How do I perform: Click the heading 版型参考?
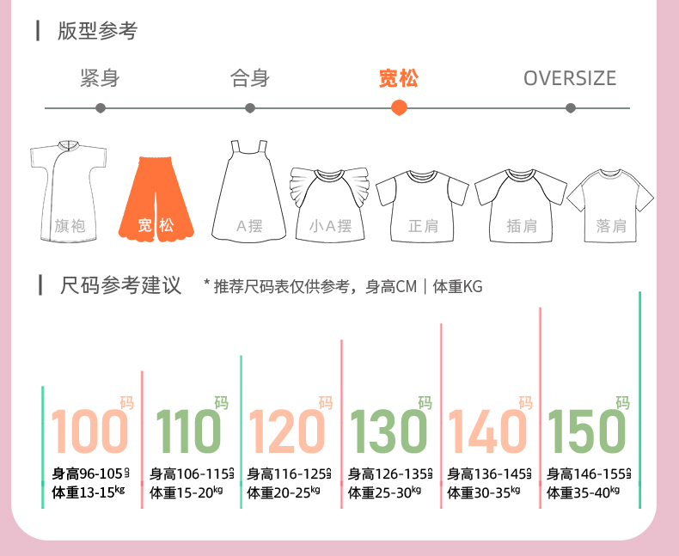coord(97,31)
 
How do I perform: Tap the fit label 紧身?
coord(100,79)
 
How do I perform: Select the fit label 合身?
coord(250,79)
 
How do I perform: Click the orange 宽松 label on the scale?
coord(399,79)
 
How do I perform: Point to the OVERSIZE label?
coord(570,79)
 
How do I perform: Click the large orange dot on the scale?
coord(399,107)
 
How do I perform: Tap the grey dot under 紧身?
coord(101,108)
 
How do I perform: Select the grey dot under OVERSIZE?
coord(571,108)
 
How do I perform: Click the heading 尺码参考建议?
coord(121,286)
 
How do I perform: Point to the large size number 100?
coord(89,431)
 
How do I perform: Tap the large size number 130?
coord(388,431)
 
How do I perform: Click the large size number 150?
coord(587,431)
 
